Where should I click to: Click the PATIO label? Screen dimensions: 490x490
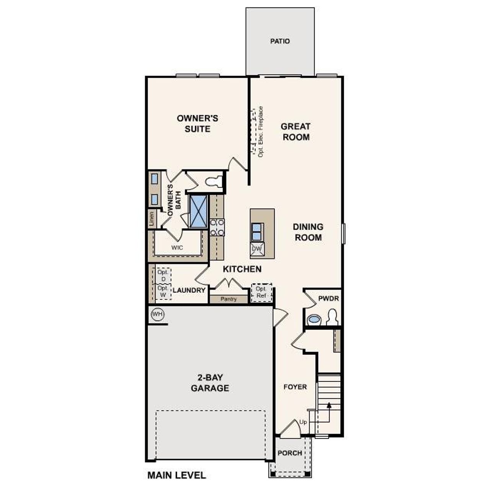280,41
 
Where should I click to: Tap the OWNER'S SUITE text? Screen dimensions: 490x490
198,124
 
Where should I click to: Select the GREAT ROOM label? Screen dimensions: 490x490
296,132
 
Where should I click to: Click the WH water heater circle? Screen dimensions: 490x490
157,314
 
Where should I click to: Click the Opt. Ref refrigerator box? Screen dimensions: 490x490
261,292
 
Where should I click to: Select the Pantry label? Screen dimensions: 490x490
229,299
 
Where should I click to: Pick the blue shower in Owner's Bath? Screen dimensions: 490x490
198,211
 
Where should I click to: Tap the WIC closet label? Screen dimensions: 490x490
177,248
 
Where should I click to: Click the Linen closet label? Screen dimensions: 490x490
152,219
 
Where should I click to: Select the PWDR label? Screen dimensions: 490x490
328,298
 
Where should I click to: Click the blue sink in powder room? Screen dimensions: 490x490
314,319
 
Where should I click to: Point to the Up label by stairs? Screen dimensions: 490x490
303,422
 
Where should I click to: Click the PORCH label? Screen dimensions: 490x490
290,453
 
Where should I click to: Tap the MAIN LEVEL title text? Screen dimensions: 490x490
176,475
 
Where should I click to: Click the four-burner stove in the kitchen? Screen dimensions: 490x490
217,227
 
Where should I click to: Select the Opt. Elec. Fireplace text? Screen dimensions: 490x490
261,132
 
